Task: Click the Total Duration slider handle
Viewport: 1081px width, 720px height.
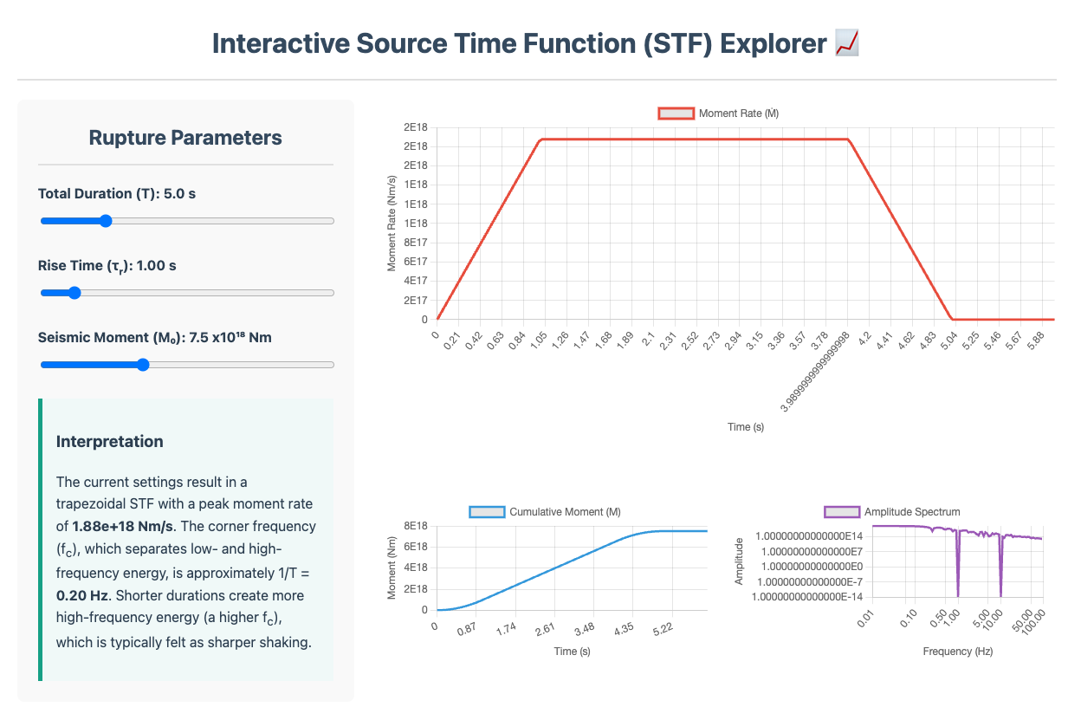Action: pyautogui.click(x=106, y=221)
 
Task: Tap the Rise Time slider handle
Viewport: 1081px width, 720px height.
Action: pyautogui.click(x=74, y=293)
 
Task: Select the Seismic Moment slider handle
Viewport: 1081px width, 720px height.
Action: pyautogui.click(x=143, y=365)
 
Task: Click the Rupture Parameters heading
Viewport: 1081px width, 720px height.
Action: pyautogui.click(x=185, y=138)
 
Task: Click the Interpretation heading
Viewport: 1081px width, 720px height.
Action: pyautogui.click(x=109, y=442)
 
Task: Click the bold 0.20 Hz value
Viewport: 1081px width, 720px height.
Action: pyautogui.click(x=84, y=596)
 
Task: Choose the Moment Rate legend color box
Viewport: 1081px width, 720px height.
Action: pyautogui.click(x=676, y=114)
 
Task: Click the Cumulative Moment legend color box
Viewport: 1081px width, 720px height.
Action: pyautogui.click(x=487, y=512)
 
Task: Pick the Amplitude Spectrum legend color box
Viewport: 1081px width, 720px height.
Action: pyautogui.click(x=841, y=512)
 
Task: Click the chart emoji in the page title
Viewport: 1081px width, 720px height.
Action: pyautogui.click(x=845, y=43)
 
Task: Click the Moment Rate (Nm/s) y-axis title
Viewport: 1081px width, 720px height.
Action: pyautogui.click(x=392, y=223)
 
